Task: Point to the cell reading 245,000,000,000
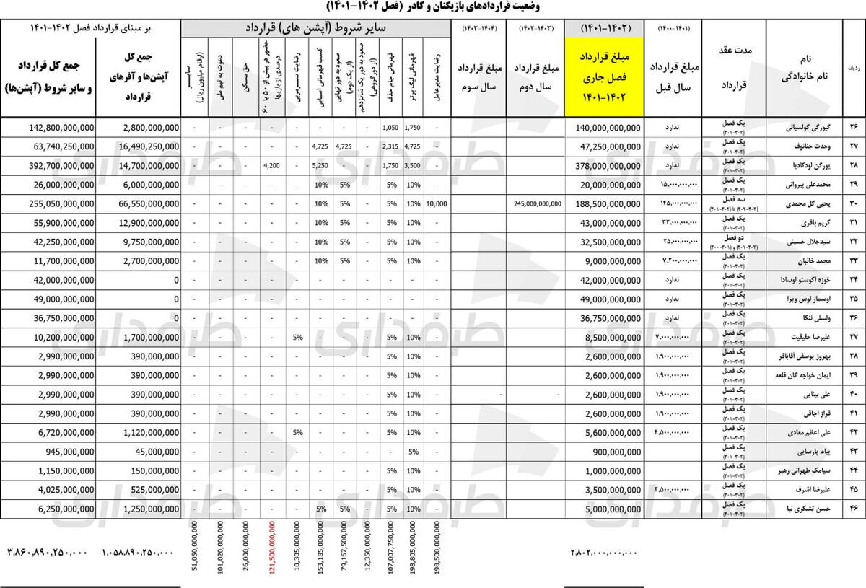538,203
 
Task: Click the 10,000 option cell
437,203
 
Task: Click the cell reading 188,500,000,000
608,203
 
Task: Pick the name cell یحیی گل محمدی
800,203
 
